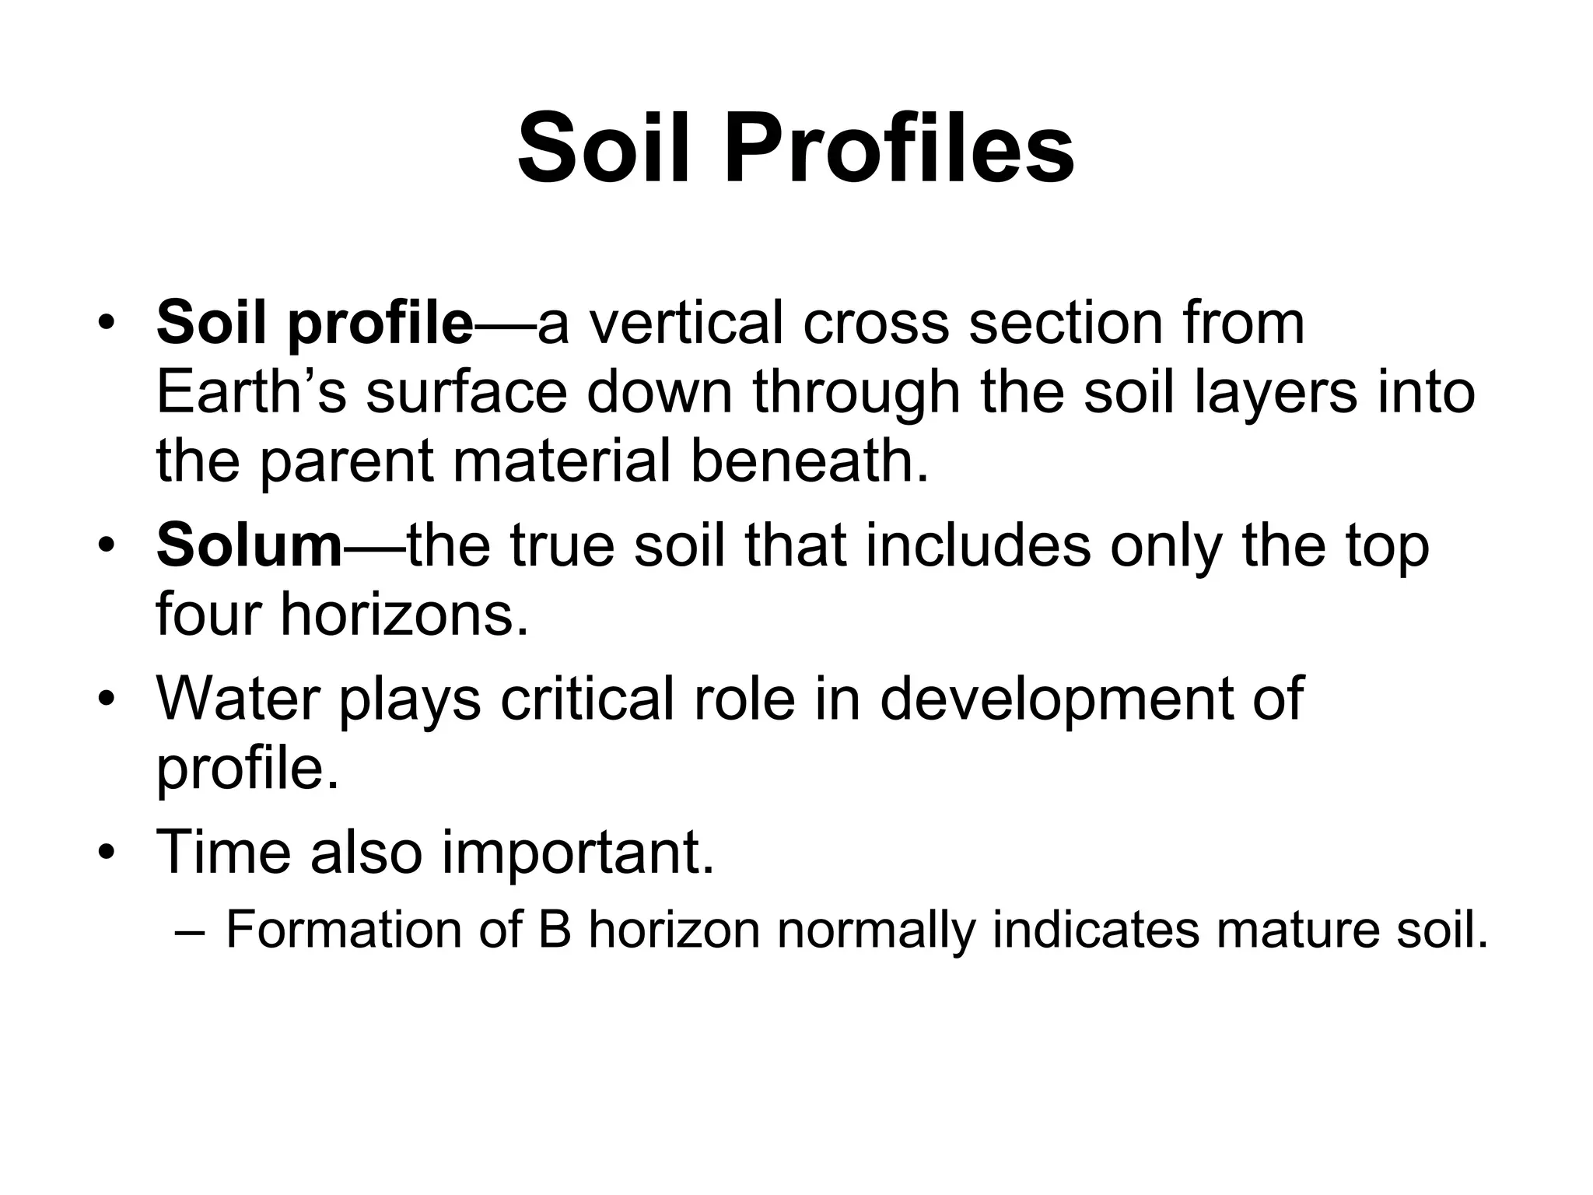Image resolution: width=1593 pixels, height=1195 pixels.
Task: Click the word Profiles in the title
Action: pos(899,148)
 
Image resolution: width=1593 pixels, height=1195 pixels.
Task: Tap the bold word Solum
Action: pos(250,545)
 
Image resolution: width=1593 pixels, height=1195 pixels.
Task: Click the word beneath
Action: pos(810,461)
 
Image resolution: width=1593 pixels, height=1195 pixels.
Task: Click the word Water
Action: pos(238,698)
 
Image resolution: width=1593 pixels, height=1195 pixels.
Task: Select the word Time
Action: pos(224,851)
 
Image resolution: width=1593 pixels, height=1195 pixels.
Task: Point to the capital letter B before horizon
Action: pos(555,930)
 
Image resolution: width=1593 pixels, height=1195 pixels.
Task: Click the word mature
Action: pos(1297,931)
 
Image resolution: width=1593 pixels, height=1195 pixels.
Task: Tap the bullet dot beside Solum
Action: pos(107,545)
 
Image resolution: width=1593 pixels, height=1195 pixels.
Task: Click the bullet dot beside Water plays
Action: pos(107,698)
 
